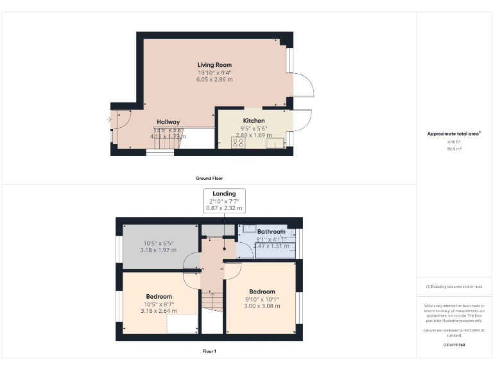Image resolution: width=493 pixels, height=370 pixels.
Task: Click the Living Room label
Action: coord(214,65)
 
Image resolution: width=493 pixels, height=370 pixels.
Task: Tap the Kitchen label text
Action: coord(254,121)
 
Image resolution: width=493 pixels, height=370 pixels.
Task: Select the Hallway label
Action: coord(168,121)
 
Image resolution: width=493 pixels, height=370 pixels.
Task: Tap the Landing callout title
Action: coord(224,193)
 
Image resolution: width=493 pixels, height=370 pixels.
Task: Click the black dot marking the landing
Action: coord(224,248)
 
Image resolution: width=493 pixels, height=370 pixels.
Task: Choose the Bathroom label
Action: coord(271,231)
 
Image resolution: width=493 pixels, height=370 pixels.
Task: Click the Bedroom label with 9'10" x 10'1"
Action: coord(262,291)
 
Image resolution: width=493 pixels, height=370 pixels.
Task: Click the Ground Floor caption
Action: coord(209,178)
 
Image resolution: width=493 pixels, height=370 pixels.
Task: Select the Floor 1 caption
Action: coord(209,351)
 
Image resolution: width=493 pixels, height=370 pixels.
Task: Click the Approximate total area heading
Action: coord(454,134)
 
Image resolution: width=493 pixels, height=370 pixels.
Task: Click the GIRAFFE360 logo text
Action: coord(454,346)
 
